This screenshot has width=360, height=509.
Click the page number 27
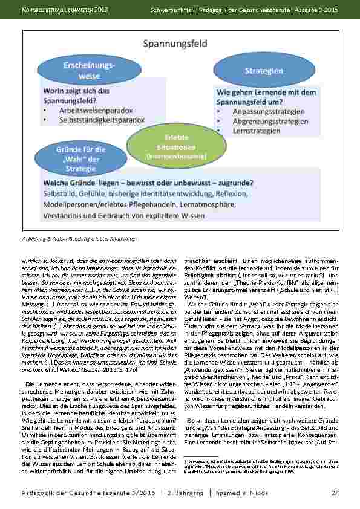point(334,493)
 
